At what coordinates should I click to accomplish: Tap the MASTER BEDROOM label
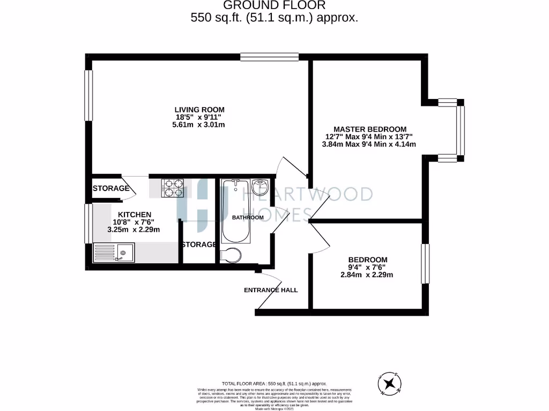[370, 129]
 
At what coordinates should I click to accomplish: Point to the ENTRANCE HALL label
[271, 290]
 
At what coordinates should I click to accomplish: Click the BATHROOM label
[248, 218]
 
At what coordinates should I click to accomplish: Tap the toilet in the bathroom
[231, 256]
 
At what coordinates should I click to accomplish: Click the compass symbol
[390, 383]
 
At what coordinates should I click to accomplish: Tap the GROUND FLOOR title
[274, 5]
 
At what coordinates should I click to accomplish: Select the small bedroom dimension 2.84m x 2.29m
[367, 275]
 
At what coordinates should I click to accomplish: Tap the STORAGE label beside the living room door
[111, 188]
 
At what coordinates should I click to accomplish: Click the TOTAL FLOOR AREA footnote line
[274, 384]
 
